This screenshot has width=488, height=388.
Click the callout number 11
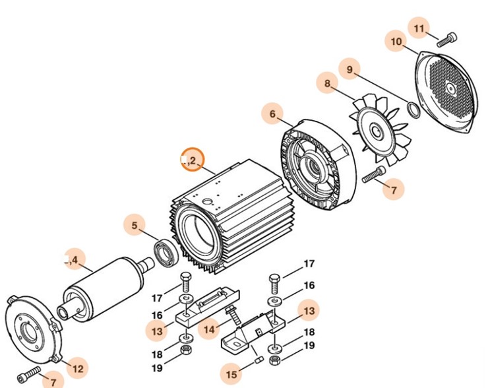pyautogui.click(x=420, y=29)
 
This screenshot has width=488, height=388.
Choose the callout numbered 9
pyautogui.click(x=350, y=69)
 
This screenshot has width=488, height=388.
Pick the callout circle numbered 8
pyautogui.click(x=327, y=84)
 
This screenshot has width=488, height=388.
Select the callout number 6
pyautogui.click(x=272, y=114)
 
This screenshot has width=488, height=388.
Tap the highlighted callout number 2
pyautogui.click(x=193, y=160)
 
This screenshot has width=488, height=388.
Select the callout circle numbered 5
pyautogui.click(x=135, y=226)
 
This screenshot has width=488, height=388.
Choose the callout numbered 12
pyautogui.click(x=78, y=368)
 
